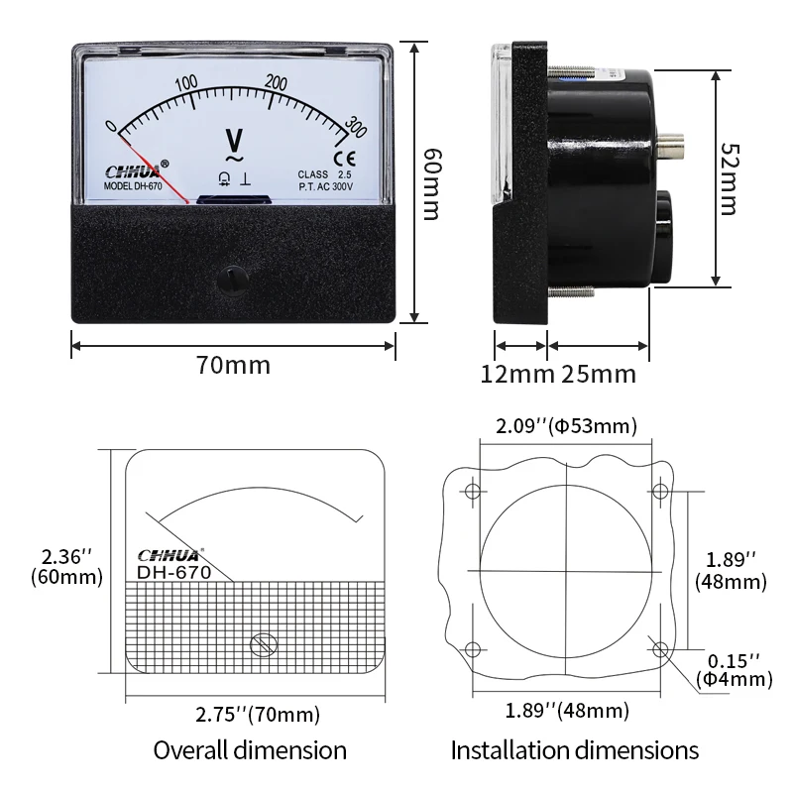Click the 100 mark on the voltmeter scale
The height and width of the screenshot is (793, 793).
point(185,82)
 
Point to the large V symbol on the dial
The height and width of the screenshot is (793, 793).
point(235,138)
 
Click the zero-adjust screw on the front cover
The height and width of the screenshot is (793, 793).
point(233,278)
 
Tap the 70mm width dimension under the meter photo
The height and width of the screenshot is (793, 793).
point(233,365)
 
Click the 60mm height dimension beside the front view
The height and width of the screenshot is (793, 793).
point(430,184)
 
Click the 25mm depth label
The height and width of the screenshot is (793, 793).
point(599,375)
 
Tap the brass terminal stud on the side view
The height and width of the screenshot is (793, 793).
point(674,149)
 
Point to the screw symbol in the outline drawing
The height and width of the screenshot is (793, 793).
point(263,644)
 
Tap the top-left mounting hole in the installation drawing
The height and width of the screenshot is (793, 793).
point(473,491)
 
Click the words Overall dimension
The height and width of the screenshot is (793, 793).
point(250,750)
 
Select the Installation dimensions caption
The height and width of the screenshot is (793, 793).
point(575,750)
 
